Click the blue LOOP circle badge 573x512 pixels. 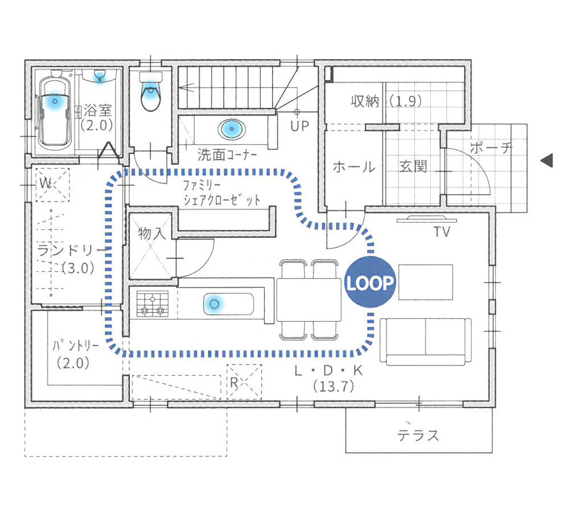[370, 282]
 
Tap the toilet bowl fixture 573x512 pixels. [150, 91]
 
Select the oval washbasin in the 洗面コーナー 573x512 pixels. [231, 129]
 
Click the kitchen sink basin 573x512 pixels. [229, 303]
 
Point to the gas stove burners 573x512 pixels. [153, 304]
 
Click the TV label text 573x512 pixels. [442, 232]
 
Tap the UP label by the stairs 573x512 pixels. [300, 126]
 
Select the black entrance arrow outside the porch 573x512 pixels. [547, 160]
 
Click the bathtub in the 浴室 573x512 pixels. [54, 111]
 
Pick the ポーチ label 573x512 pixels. [491, 148]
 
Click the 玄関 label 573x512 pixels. [413, 166]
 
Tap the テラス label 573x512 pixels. [418, 435]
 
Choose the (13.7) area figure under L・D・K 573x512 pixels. [333, 386]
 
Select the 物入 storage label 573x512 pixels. [152, 233]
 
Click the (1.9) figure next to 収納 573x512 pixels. [405, 101]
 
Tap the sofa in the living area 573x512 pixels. [426, 342]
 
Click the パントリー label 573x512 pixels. [75, 346]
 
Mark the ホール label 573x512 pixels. [354, 167]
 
